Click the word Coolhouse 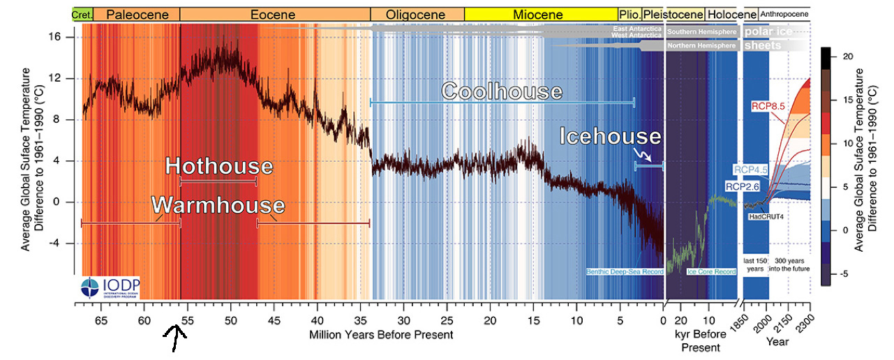coord(502,91)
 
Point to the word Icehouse coord(610,137)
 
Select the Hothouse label coord(218,167)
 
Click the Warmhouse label coord(218,205)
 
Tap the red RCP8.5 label coord(768,107)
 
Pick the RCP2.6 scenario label coord(743,187)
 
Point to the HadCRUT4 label coord(765,217)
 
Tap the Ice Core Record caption coord(712,271)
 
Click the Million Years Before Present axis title coord(381,335)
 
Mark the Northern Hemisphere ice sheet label coord(701,46)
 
